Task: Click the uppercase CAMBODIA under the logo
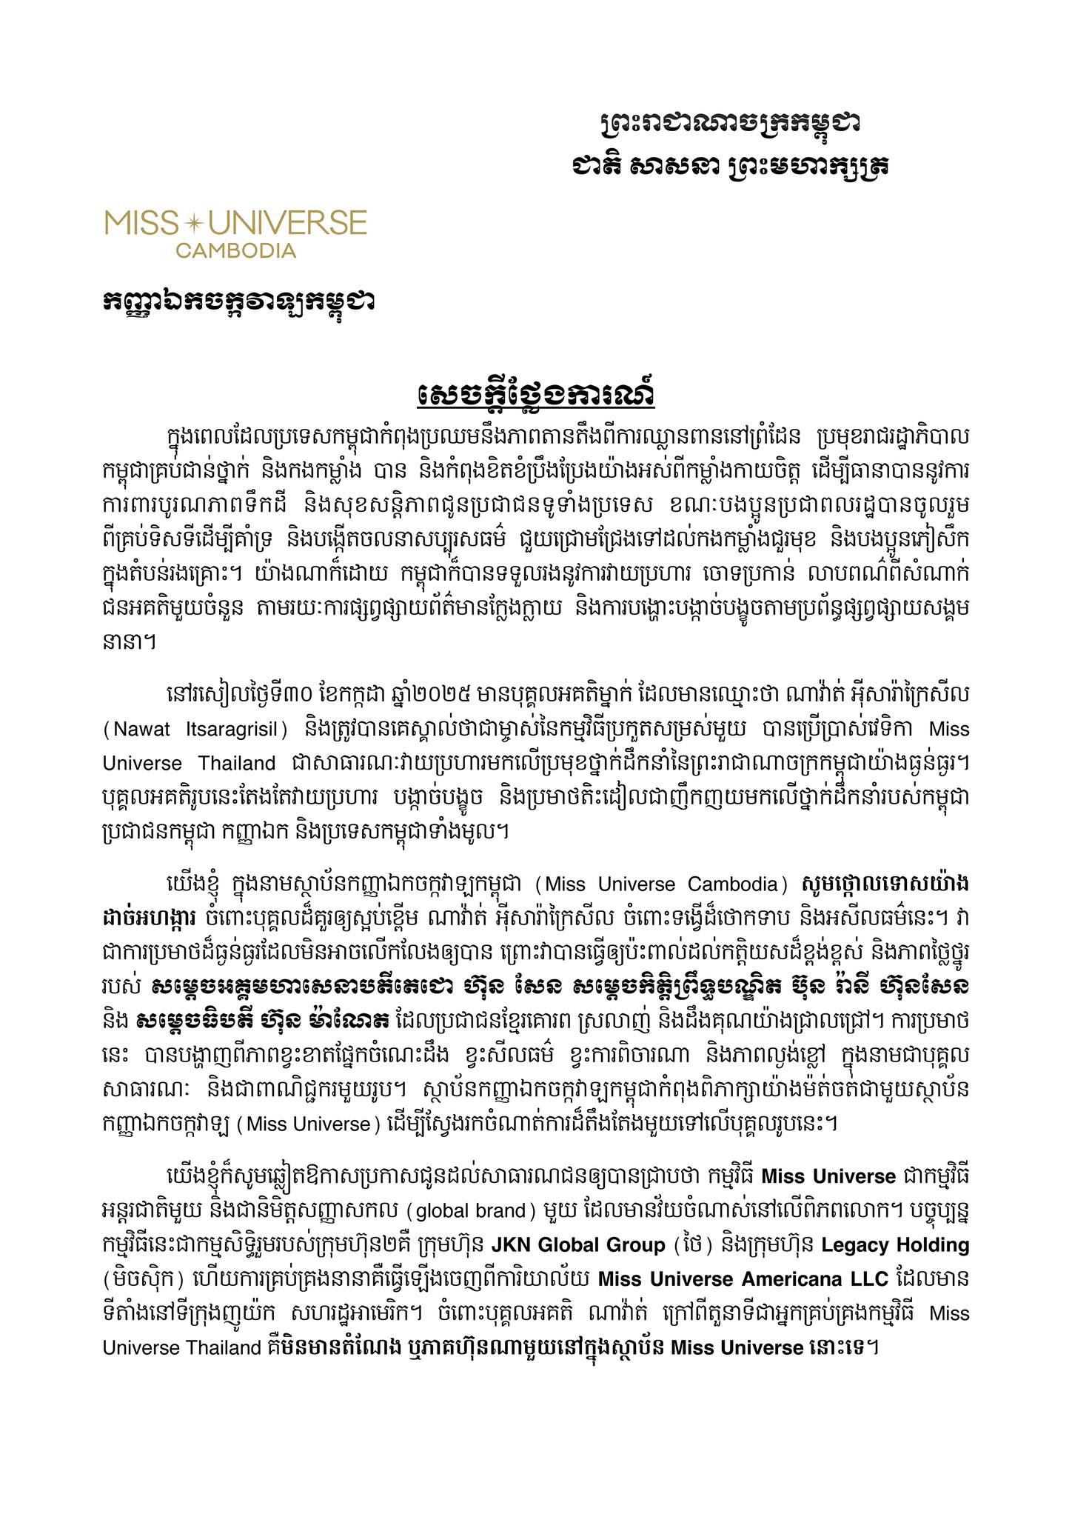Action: pyautogui.click(x=235, y=250)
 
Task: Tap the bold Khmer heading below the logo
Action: pyautogui.click(x=238, y=302)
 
